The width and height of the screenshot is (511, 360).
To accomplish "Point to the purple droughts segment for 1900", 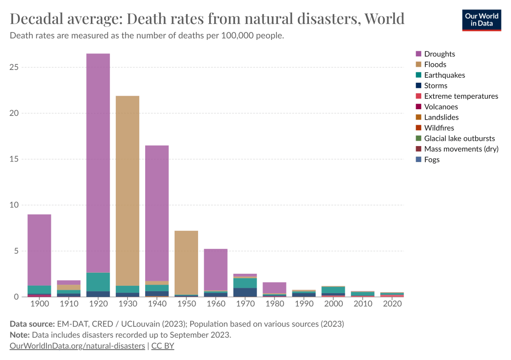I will pos(39,250).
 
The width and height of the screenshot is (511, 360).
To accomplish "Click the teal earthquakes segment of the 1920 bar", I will pos(98,282).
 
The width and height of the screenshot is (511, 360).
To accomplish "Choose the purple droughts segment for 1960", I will pos(216,269).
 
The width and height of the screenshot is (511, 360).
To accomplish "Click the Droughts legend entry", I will pos(439,54).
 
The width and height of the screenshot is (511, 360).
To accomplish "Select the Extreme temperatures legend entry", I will pos(461,96).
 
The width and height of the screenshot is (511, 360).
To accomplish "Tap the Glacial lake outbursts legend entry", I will pos(459,138).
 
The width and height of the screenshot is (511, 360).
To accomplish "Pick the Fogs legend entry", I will pos(432,160).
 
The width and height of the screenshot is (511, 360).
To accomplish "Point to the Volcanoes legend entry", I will pos(441,107).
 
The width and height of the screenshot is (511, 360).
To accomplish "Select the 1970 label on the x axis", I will pos(245,303).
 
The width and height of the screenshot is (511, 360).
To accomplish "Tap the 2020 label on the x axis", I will pos(392,303).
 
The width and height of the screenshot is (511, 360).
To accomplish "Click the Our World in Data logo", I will pos(482,19).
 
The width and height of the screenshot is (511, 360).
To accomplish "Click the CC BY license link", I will pos(163,346).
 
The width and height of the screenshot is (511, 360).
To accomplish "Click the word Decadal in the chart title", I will pos(38,19).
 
